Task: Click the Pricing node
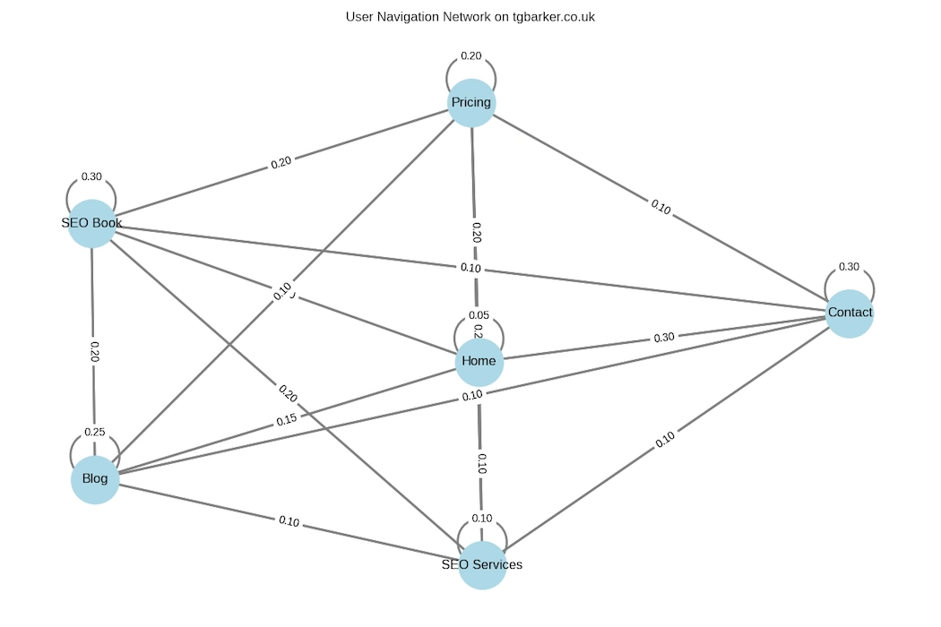[471, 103]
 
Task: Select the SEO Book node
[92, 223]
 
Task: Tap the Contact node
[849, 313]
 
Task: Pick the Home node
[479, 362]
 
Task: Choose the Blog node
[95, 479]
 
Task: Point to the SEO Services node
[482, 565]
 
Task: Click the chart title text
[470, 17]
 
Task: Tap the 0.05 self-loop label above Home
[479, 316]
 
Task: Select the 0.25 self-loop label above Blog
[95, 433]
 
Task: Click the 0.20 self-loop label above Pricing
[471, 56]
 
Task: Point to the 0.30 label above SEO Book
[91, 176]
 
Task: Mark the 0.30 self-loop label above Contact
[848, 267]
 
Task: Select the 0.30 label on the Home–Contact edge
[664, 338]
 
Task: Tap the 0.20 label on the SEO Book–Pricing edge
[281, 164]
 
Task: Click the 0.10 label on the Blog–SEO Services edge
[289, 520]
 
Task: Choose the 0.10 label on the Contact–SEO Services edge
[665, 440]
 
